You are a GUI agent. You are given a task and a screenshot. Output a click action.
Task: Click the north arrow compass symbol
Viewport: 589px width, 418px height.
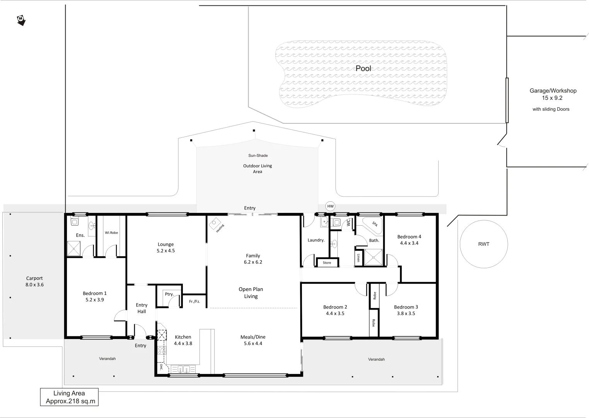21,20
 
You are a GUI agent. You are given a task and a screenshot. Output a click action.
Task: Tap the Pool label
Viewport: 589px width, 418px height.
363,69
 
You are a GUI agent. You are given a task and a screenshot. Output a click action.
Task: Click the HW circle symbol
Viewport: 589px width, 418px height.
330,206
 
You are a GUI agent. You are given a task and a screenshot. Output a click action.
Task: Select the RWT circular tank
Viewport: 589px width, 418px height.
483,244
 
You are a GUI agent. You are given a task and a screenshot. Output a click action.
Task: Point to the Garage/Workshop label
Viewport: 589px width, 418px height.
553,91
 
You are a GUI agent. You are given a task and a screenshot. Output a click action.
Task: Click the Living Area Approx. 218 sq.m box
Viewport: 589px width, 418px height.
69,397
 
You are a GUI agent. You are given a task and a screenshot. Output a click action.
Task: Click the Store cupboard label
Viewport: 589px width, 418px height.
327,263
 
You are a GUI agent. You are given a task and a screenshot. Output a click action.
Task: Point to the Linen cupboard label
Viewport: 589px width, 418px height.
358,258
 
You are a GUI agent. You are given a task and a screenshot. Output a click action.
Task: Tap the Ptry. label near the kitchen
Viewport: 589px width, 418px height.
169,294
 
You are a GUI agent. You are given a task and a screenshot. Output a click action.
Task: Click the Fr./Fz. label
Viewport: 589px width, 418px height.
194,302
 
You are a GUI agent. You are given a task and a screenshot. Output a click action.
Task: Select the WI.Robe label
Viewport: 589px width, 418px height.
111,233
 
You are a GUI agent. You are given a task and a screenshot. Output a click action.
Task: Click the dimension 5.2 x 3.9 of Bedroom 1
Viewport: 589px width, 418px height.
95,300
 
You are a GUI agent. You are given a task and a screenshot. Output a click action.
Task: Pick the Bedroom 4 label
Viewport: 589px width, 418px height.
409,237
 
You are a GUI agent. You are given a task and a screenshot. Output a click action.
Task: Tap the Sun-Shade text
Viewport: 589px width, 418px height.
258,156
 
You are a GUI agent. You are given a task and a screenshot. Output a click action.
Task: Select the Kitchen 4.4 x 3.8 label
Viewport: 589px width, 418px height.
183,340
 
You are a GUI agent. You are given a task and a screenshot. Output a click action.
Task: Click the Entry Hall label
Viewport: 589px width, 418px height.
141,308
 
